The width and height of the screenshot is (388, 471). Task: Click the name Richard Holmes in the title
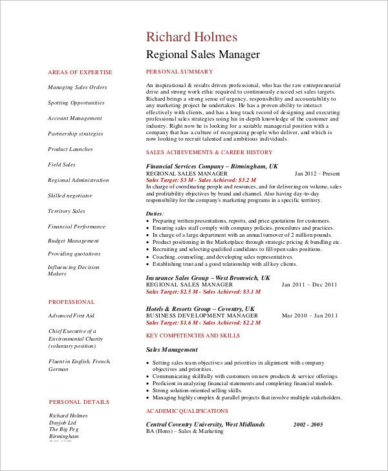[191, 37]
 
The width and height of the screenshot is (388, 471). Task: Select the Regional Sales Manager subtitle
[203, 54]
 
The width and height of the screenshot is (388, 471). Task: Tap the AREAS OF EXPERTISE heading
[80, 72]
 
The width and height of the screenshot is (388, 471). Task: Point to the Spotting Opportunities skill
[76, 103]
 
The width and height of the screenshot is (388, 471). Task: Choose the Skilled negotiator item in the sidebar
[70, 196]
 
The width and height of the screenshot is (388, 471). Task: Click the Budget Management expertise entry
[73, 241]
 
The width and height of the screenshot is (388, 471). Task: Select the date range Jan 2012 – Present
[317, 174]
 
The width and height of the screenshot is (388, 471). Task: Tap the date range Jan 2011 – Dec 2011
[309, 285]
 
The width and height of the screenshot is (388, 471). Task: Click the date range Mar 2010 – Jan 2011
[310, 316]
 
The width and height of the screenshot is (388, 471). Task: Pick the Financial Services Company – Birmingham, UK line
[212, 166]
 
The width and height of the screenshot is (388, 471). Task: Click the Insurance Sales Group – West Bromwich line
[208, 277]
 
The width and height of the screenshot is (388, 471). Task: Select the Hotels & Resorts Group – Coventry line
[200, 308]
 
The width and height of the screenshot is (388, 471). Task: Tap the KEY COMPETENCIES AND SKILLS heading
[193, 336]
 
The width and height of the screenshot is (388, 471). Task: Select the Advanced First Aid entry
[71, 316]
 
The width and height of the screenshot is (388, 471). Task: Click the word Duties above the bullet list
[155, 213]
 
